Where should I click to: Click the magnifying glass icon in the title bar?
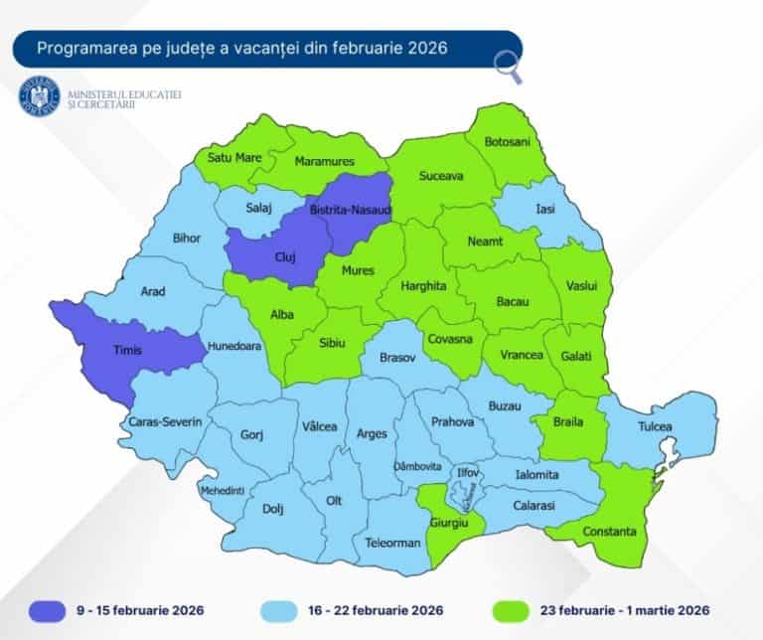click(x=509, y=66)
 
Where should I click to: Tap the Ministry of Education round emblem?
click(x=40, y=96)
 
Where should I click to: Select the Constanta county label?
click(x=609, y=531)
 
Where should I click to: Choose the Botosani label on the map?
click(x=508, y=142)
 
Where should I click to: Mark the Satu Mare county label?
click(x=234, y=157)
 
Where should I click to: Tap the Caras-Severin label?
click(x=166, y=422)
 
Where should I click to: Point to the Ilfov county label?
click(x=467, y=472)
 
